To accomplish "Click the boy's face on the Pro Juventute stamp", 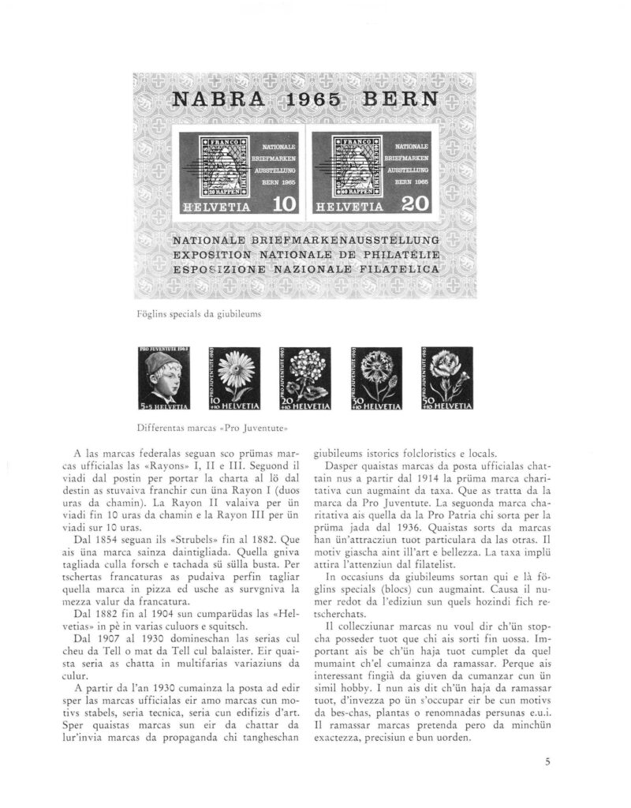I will pyautogui.click(x=164, y=377).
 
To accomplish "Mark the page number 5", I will pyautogui.click(x=546, y=762).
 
